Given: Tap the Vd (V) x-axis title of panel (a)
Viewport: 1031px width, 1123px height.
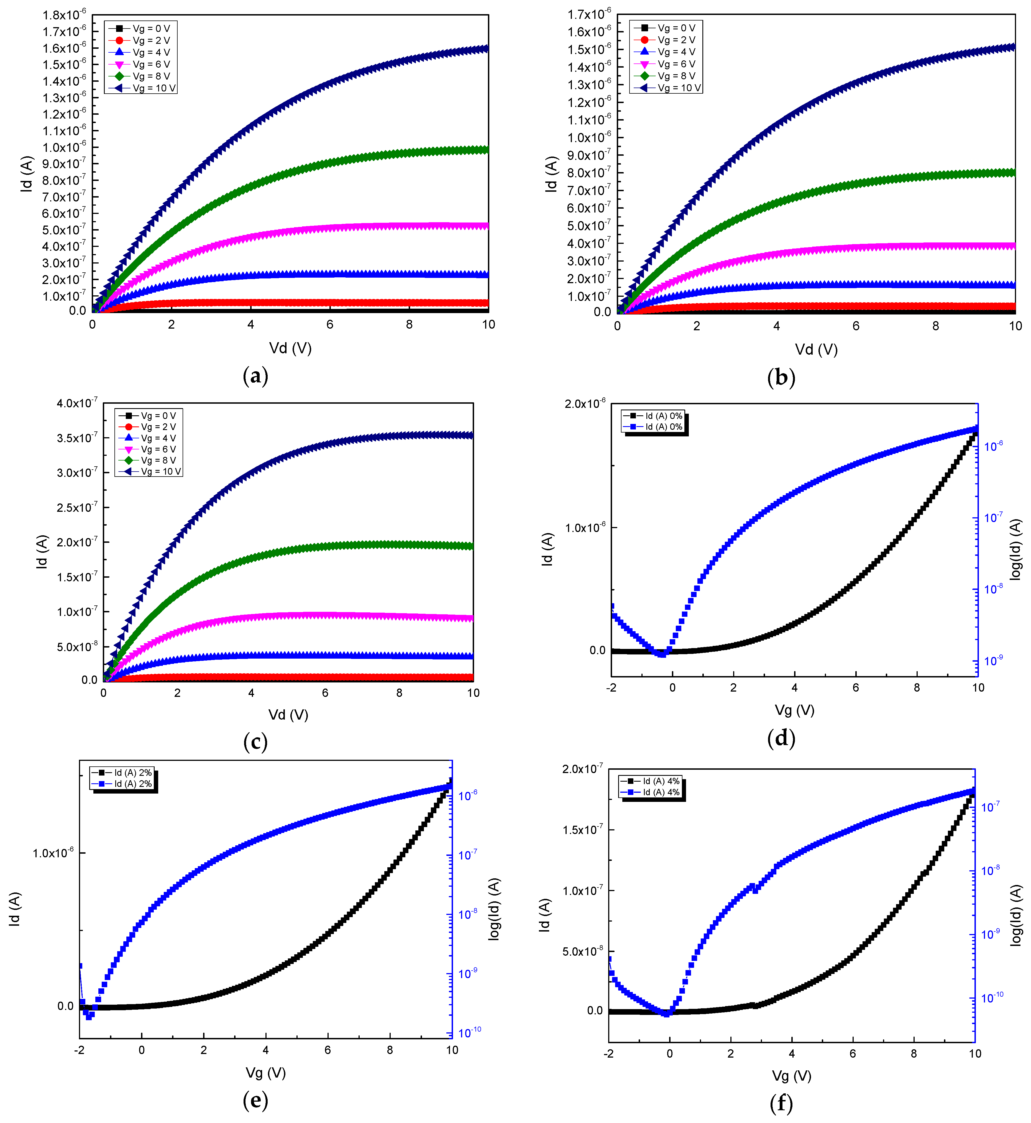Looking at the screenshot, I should click(290, 348).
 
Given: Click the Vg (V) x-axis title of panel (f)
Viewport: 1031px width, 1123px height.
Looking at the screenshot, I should click(791, 1076).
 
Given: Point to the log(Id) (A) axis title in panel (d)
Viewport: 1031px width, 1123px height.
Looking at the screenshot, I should click(1015, 549).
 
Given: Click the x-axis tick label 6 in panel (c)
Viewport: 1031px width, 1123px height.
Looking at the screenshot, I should click(325, 693).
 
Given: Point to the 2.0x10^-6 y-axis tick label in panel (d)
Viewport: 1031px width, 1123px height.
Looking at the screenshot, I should click(585, 403).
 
